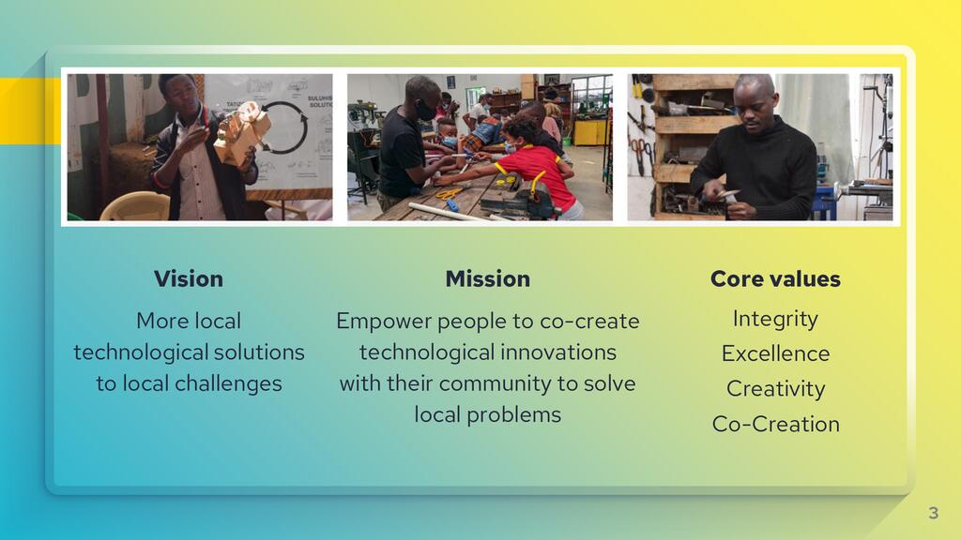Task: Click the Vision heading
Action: (x=188, y=279)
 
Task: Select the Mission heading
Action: (x=488, y=279)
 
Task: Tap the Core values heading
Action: (x=775, y=279)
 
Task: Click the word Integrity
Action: (x=775, y=319)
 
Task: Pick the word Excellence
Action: (x=775, y=353)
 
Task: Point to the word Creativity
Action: (x=775, y=389)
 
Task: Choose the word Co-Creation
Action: (x=775, y=424)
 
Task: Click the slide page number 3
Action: (x=934, y=513)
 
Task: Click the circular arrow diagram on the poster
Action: (x=283, y=127)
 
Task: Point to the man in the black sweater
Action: (x=754, y=150)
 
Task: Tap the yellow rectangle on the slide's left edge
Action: (x=30, y=111)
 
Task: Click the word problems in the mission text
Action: (x=513, y=415)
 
